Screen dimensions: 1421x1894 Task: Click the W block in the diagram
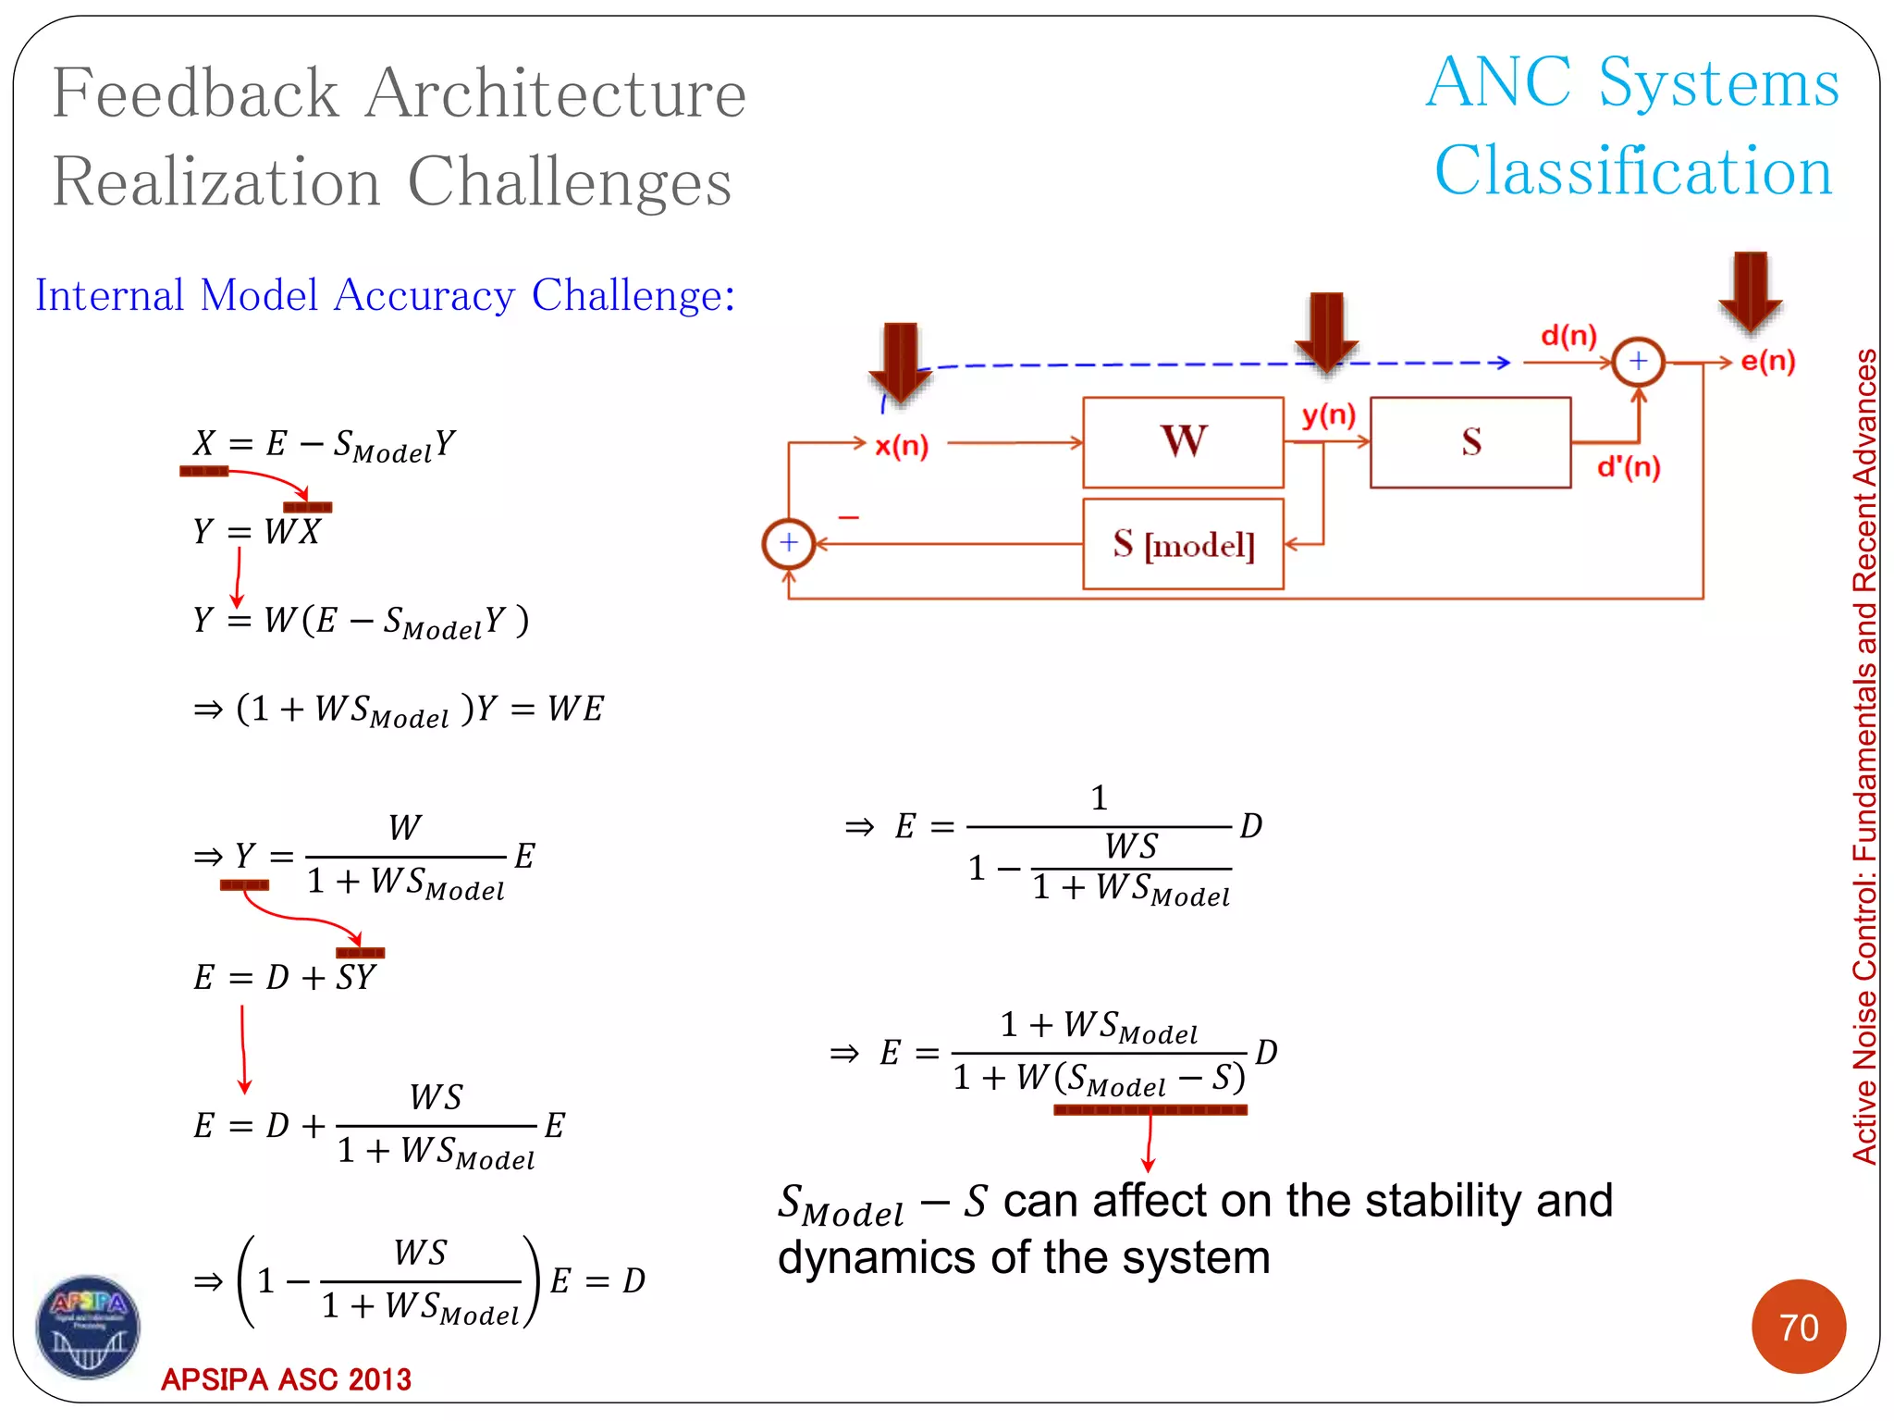[1183, 442]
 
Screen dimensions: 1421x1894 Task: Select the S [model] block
[1183, 544]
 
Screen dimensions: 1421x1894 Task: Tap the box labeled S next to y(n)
[1470, 442]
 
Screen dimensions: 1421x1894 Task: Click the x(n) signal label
[901, 446]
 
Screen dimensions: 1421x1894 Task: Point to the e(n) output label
[1767, 361]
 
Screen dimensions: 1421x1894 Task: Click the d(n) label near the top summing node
[1568, 335]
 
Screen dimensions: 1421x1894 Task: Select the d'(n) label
[1629, 467]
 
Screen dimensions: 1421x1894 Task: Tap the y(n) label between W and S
[1328, 415]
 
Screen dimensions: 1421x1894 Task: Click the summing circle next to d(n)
[1638, 362]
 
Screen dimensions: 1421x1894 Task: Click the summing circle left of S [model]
[788, 543]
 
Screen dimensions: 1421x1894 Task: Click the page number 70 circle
[1798, 1327]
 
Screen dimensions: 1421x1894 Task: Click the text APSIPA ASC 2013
[286, 1379]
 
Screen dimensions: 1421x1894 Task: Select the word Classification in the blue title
[1632, 172]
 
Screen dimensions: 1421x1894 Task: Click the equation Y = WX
[257, 532]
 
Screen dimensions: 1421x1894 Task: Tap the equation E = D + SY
[285, 978]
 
